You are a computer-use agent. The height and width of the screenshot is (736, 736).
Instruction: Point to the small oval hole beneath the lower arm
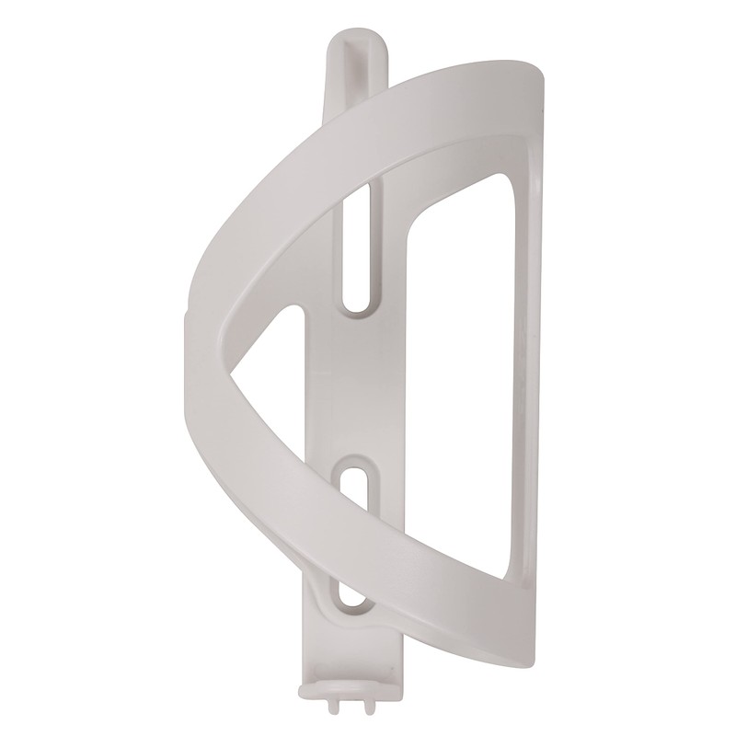[351, 598]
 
